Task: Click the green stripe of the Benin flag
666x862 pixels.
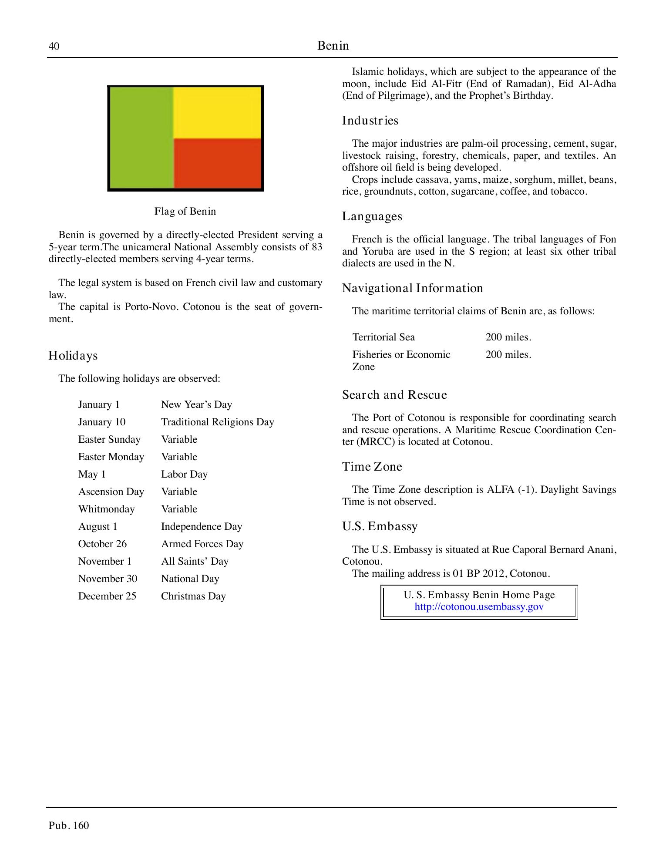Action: click(x=141, y=138)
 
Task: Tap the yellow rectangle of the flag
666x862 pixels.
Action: click(x=218, y=113)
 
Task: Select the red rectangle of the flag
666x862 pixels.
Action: click(x=218, y=163)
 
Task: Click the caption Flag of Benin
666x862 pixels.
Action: click(x=185, y=212)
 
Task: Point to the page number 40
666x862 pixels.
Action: click(x=54, y=47)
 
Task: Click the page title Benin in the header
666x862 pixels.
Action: click(x=333, y=46)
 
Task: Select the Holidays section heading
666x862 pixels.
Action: click(x=73, y=356)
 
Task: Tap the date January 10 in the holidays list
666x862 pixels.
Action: click(x=102, y=422)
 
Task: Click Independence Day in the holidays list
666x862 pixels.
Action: click(x=202, y=527)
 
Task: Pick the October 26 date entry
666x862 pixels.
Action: click(x=102, y=544)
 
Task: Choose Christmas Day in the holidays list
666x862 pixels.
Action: click(x=193, y=596)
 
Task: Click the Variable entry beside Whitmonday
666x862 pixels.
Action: click(x=179, y=509)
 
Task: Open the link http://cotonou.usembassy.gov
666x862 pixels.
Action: click(x=479, y=607)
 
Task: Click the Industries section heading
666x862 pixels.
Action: click(x=370, y=121)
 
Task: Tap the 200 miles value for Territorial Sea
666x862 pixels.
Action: click(x=508, y=337)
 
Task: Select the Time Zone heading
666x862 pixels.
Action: click(x=372, y=467)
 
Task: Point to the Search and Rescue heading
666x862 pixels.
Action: click(x=394, y=395)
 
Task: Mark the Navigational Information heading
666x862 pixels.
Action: click(x=412, y=288)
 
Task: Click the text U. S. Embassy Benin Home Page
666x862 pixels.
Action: click(x=479, y=595)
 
